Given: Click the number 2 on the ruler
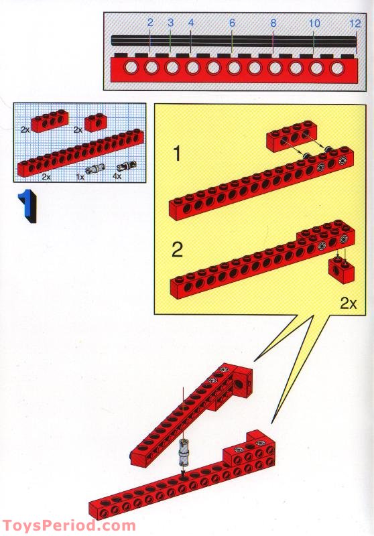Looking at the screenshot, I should (150, 23).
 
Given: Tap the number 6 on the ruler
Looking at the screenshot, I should (232, 23).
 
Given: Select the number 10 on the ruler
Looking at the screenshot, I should (314, 23).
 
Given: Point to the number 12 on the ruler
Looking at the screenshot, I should (355, 23).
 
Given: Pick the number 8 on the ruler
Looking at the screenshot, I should (273, 23).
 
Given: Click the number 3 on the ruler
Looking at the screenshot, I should (170, 23).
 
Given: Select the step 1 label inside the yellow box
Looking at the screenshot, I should (176, 155).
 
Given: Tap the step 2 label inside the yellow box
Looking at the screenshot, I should (177, 250).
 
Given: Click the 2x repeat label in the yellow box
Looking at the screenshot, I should (348, 303).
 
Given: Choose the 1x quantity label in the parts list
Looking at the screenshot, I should (80, 177).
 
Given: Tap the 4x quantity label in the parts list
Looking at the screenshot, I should (117, 177).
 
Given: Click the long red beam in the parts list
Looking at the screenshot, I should (80, 153).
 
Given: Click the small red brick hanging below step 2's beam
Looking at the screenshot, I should (338, 269).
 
